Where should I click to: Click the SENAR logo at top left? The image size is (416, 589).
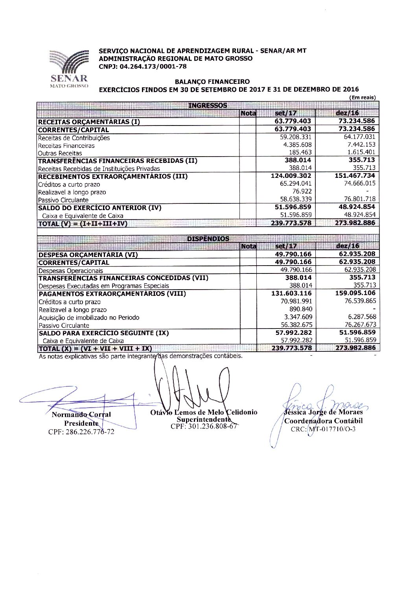69,68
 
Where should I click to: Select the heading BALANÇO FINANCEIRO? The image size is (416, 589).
212,81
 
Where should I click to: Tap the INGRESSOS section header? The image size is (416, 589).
208,105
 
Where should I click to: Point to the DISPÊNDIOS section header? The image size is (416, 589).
208,238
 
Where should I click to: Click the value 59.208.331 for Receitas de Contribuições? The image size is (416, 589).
295,137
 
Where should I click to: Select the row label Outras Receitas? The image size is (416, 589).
60,153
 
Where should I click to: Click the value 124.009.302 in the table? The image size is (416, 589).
291,175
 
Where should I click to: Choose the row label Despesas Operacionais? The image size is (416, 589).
71,270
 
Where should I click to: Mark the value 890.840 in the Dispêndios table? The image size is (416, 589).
300,309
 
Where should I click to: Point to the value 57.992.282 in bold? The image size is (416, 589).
293,332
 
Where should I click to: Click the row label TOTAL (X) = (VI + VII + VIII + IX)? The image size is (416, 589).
95,348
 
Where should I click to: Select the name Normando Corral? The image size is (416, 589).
81,414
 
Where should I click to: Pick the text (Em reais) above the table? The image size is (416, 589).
362,98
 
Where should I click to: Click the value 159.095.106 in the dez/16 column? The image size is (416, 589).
355,293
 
